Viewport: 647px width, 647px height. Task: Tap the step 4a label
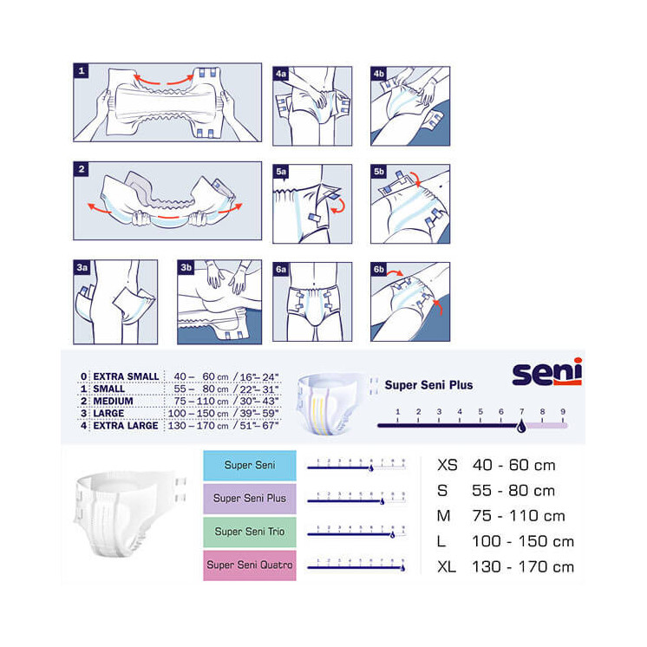[x=281, y=75]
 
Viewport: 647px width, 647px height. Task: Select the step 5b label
[x=379, y=173]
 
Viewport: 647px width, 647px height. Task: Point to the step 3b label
[x=186, y=269]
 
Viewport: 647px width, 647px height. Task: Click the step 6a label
[x=281, y=270]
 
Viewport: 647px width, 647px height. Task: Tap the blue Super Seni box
[x=250, y=466]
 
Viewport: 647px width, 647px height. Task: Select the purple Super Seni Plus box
[x=250, y=499]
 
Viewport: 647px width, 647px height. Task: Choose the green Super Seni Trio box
[x=250, y=532]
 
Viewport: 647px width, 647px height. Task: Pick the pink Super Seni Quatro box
[x=250, y=565]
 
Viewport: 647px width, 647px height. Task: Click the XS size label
[x=448, y=466]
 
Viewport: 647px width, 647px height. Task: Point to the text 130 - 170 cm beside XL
[x=523, y=566]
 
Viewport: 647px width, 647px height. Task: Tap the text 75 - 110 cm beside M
[x=518, y=516]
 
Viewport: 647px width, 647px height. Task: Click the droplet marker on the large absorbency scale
[x=520, y=426]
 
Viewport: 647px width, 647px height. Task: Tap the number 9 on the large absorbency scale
[x=563, y=412]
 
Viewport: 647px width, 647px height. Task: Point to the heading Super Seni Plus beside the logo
[x=428, y=385]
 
